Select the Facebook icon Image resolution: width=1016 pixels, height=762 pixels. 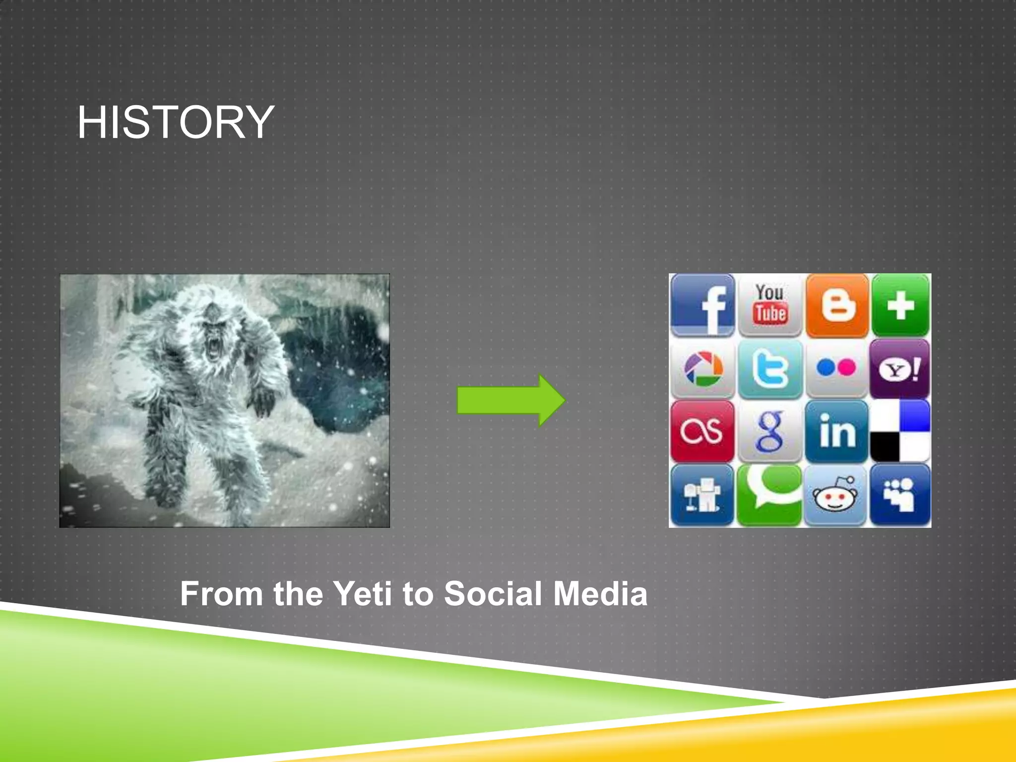tap(702, 305)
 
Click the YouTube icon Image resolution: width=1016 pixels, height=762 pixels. tap(770, 305)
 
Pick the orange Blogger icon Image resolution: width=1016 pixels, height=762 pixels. tap(837, 305)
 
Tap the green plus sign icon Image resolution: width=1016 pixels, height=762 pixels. tap(900, 305)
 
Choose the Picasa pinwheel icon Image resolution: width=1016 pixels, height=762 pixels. tap(702, 369)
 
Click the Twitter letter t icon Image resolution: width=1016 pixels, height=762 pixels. tap(770, 369)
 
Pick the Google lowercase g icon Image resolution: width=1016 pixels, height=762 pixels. tap(769, 432)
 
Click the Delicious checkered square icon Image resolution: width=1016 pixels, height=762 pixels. tap(900, 431)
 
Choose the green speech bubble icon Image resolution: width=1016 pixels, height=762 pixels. tap(769, 494)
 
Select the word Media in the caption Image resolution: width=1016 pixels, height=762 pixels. tap(600, 593)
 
